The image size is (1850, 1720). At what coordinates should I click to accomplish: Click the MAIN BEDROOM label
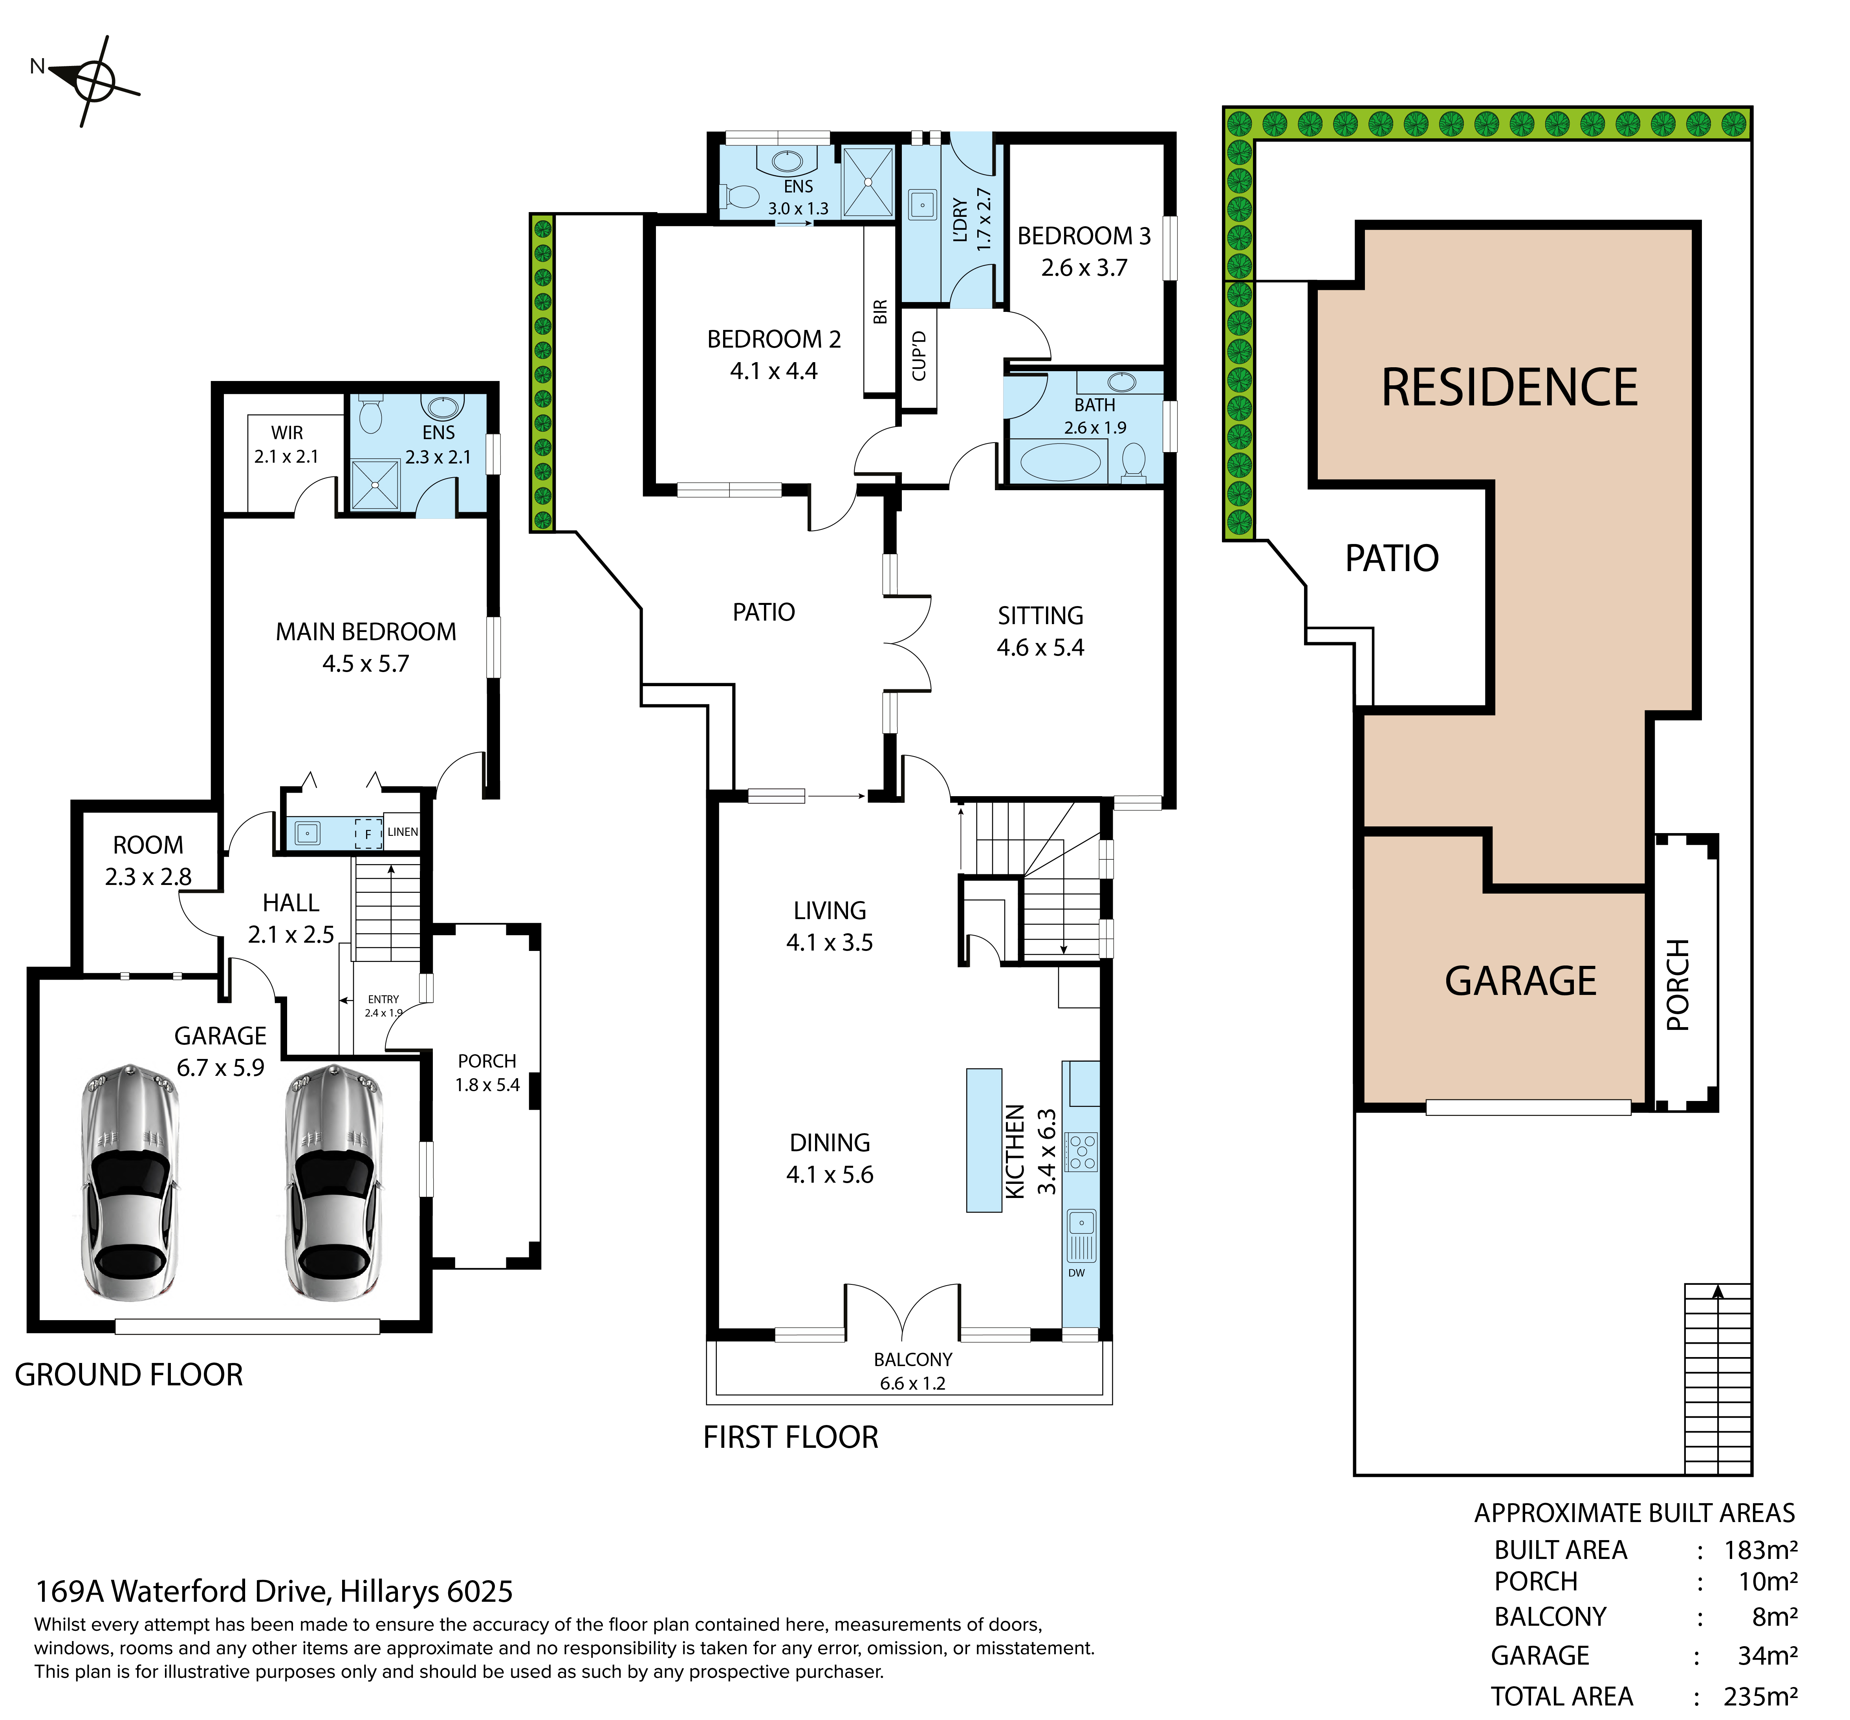point(366,632)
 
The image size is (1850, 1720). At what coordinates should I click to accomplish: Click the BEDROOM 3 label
point(1084,236)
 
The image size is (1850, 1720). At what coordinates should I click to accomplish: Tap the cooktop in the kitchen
point(1081,1151)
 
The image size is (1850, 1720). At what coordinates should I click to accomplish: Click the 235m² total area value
point(1761,1697)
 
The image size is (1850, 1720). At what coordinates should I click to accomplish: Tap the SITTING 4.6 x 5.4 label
point(1040,631)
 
